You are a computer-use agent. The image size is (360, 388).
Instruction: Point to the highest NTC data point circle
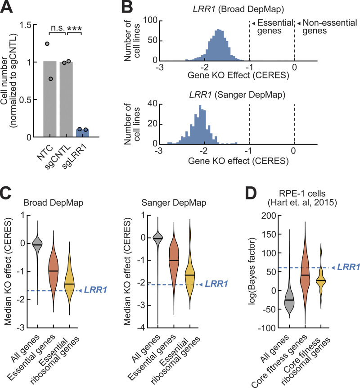(47, 44)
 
